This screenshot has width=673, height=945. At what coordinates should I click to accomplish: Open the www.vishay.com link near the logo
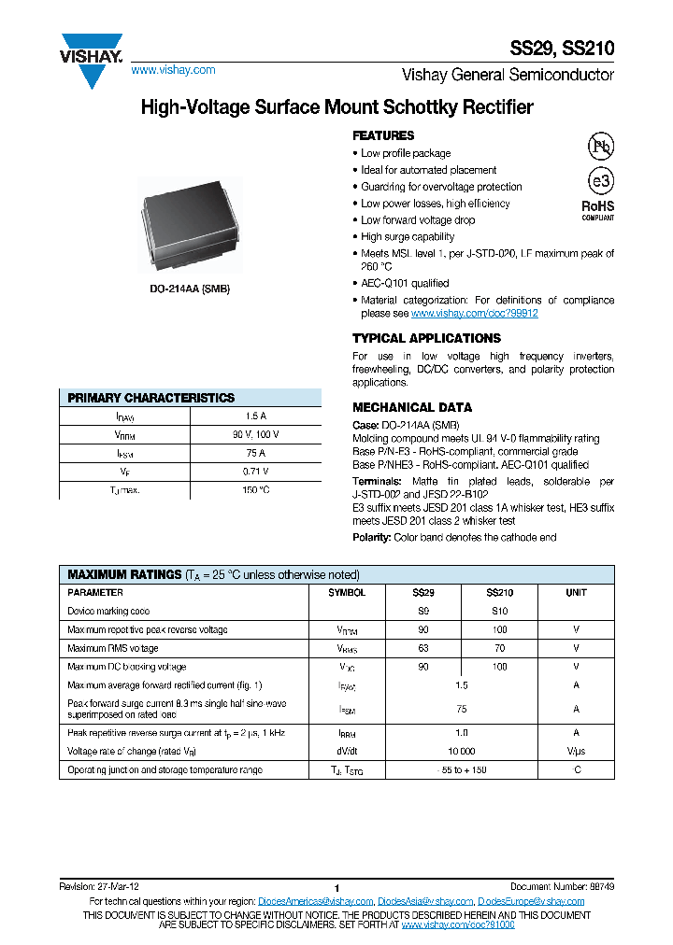point(173,70)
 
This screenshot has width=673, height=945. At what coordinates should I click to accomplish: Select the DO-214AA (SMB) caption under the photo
point(190,289)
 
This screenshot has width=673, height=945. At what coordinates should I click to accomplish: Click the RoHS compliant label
point(598,209)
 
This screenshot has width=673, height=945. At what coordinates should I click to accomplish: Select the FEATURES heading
point(382,135)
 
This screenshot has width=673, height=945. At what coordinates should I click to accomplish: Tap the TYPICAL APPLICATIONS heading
point(426,338)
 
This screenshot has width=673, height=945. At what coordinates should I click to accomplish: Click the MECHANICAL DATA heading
point(411,407)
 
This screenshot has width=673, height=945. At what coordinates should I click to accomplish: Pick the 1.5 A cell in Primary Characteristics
point(255,416)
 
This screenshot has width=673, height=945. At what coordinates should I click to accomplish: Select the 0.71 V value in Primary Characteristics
point(255,472)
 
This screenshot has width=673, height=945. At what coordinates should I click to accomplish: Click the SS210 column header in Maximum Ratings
point(499,593)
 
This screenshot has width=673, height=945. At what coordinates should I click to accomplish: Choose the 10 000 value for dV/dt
point(461,751)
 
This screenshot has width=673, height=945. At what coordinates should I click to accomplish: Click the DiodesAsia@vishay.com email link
point(425,901)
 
